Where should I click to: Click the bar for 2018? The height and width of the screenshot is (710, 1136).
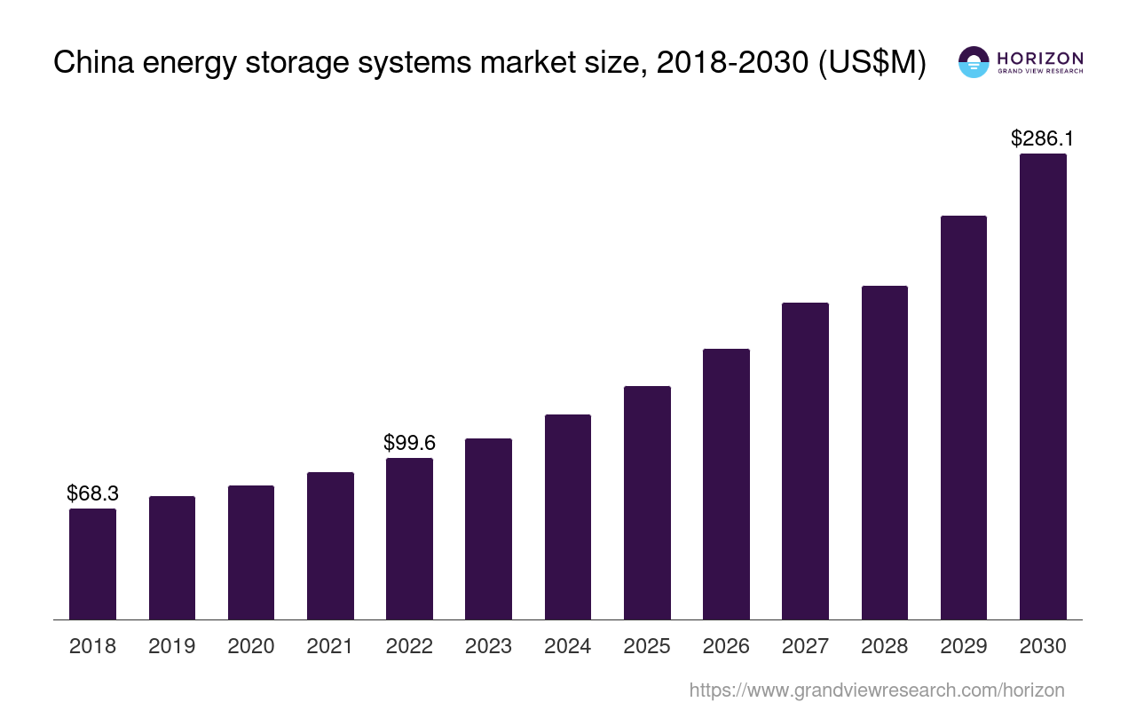click(92, 564)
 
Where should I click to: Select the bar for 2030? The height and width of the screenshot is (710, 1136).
click(1043, 386)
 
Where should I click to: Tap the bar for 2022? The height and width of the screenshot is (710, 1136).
click(409, 539)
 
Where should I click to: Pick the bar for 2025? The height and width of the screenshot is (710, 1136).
click(647, 502)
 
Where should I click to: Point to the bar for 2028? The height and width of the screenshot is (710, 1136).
click(885, 453)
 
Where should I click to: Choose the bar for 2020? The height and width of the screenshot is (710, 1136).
click(251, 552)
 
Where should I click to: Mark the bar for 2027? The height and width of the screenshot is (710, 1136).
click(805, 461)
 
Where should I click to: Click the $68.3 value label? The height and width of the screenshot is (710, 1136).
click(92, 493)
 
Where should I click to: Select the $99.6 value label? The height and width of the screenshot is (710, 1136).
click(409, 442)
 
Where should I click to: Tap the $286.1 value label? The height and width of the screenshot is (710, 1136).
click(1043, 138)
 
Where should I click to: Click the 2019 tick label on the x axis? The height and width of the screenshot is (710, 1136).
click(172, 646)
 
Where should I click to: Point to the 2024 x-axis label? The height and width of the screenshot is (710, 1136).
click(568, 646)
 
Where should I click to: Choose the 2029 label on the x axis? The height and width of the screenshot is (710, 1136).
click(964, 646)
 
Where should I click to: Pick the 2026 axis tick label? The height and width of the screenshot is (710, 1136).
click(726, 646)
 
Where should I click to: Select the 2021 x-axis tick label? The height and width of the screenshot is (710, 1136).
click(330, 646)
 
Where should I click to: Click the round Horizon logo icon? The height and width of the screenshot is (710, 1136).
click(974, 62)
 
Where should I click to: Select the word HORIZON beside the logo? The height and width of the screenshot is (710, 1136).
click(1039, 58)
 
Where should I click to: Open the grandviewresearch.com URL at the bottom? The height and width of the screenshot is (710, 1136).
click(877, 690)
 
